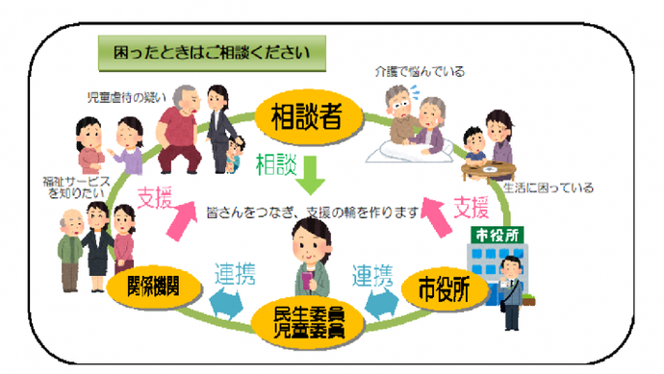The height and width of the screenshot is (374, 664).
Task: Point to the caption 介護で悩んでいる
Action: click(410, 71)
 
